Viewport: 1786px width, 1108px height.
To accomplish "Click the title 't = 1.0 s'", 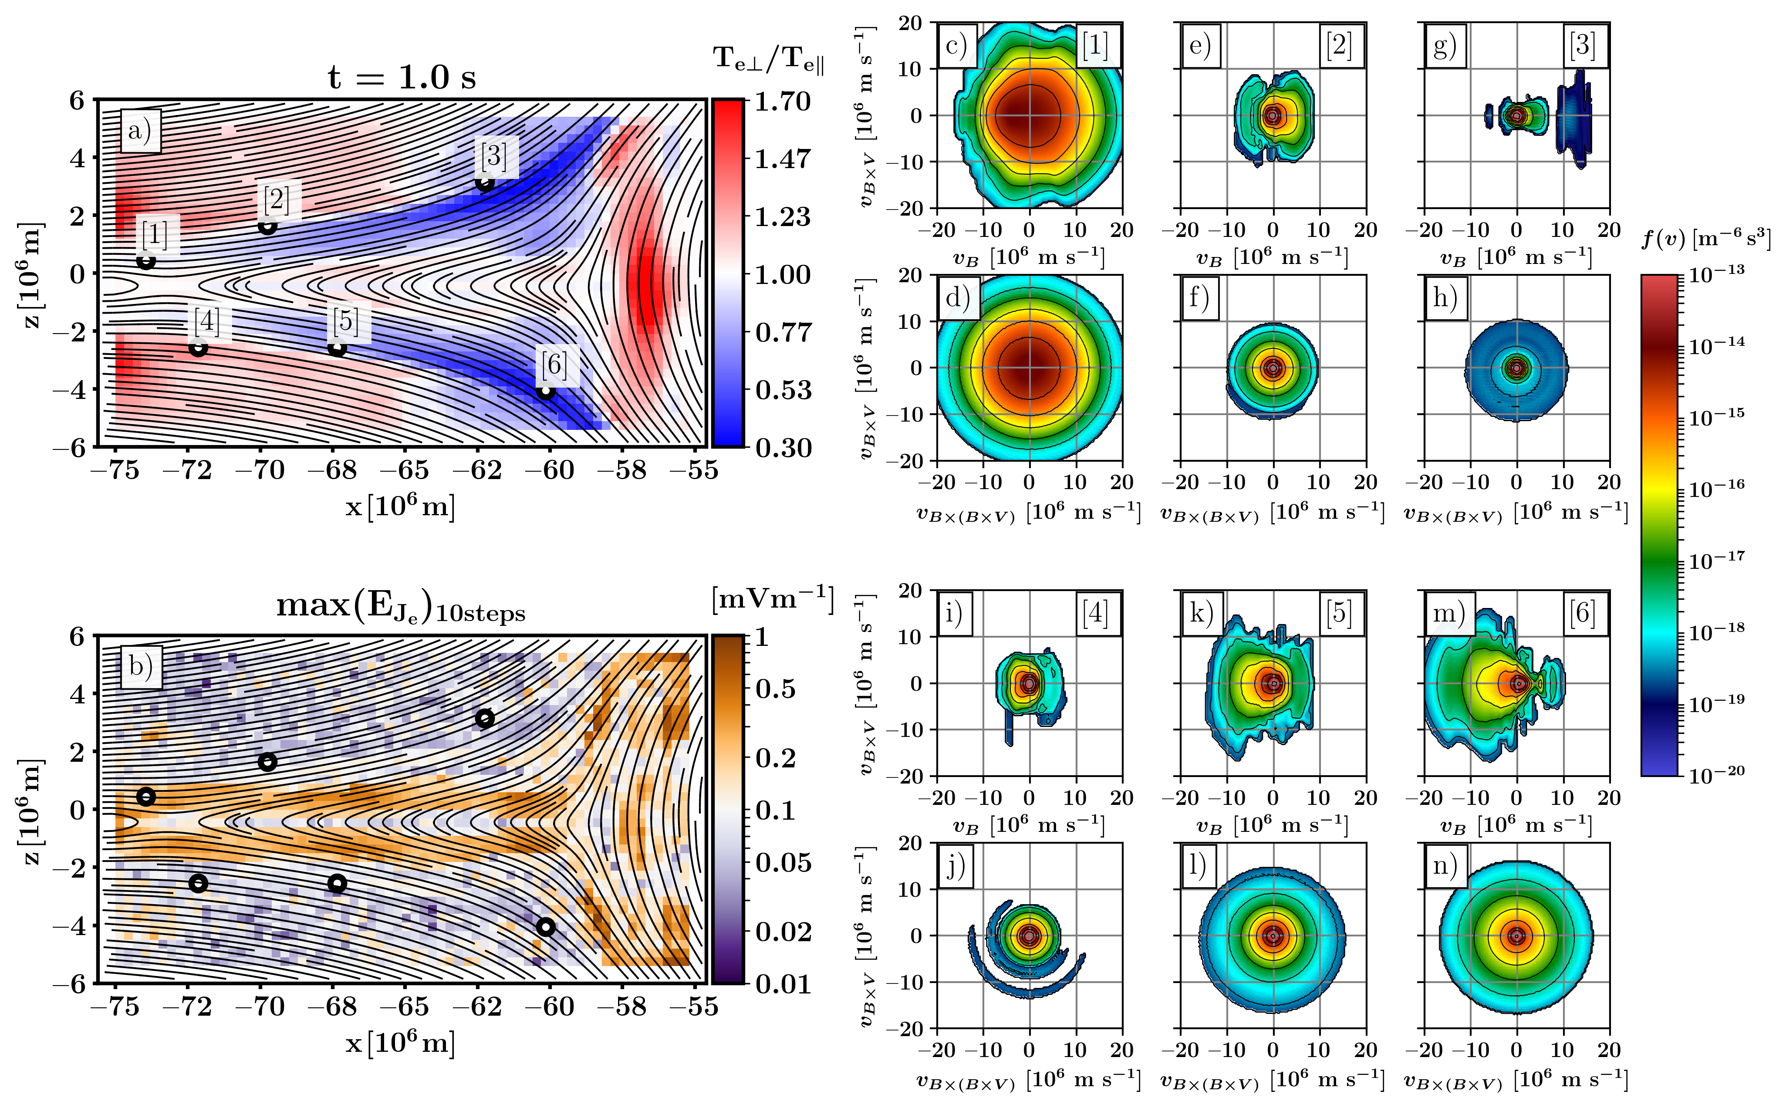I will coord(402,77).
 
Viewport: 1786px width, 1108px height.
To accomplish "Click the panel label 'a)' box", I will coord(140,132).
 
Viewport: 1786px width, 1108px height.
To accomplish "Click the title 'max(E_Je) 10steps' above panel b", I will coord(401,608).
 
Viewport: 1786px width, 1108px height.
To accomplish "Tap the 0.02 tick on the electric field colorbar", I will coord(783,932).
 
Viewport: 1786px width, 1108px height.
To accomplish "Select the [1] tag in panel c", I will coord(1095,45).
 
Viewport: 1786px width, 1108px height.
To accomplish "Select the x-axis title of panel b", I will coord(400,1042).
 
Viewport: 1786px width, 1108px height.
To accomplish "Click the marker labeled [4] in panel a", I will coord(198,348).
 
